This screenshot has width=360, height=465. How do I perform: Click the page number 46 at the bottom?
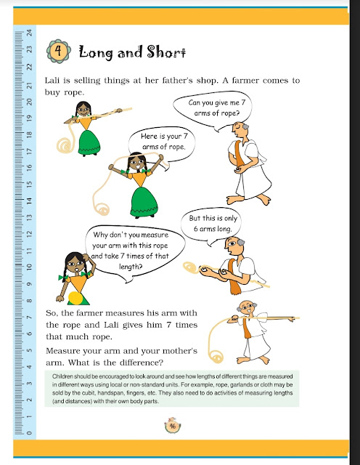[x=173, y=426]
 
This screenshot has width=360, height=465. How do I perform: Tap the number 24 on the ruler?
[x=28, y=33]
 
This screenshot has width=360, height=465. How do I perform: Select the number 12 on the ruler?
[x=28, y=233]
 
